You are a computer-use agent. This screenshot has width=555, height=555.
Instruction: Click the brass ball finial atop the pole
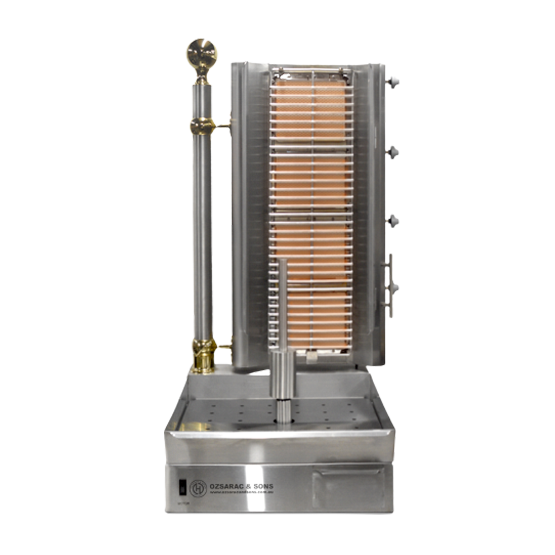[x=201, y=52]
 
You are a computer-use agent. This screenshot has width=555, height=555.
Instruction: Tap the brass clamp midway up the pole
[x=202, y=126]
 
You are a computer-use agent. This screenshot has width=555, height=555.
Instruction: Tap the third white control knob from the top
[x=394, y=218]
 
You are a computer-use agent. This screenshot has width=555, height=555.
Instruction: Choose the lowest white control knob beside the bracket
[x=394, y=286]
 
